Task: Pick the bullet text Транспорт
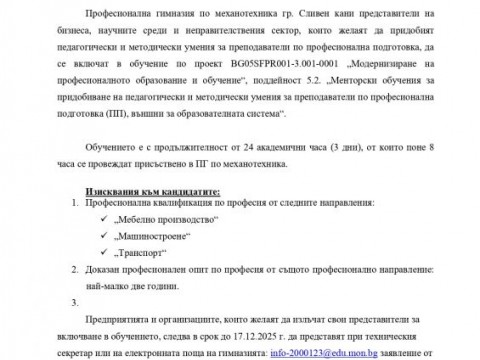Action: [x=136, y=253]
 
